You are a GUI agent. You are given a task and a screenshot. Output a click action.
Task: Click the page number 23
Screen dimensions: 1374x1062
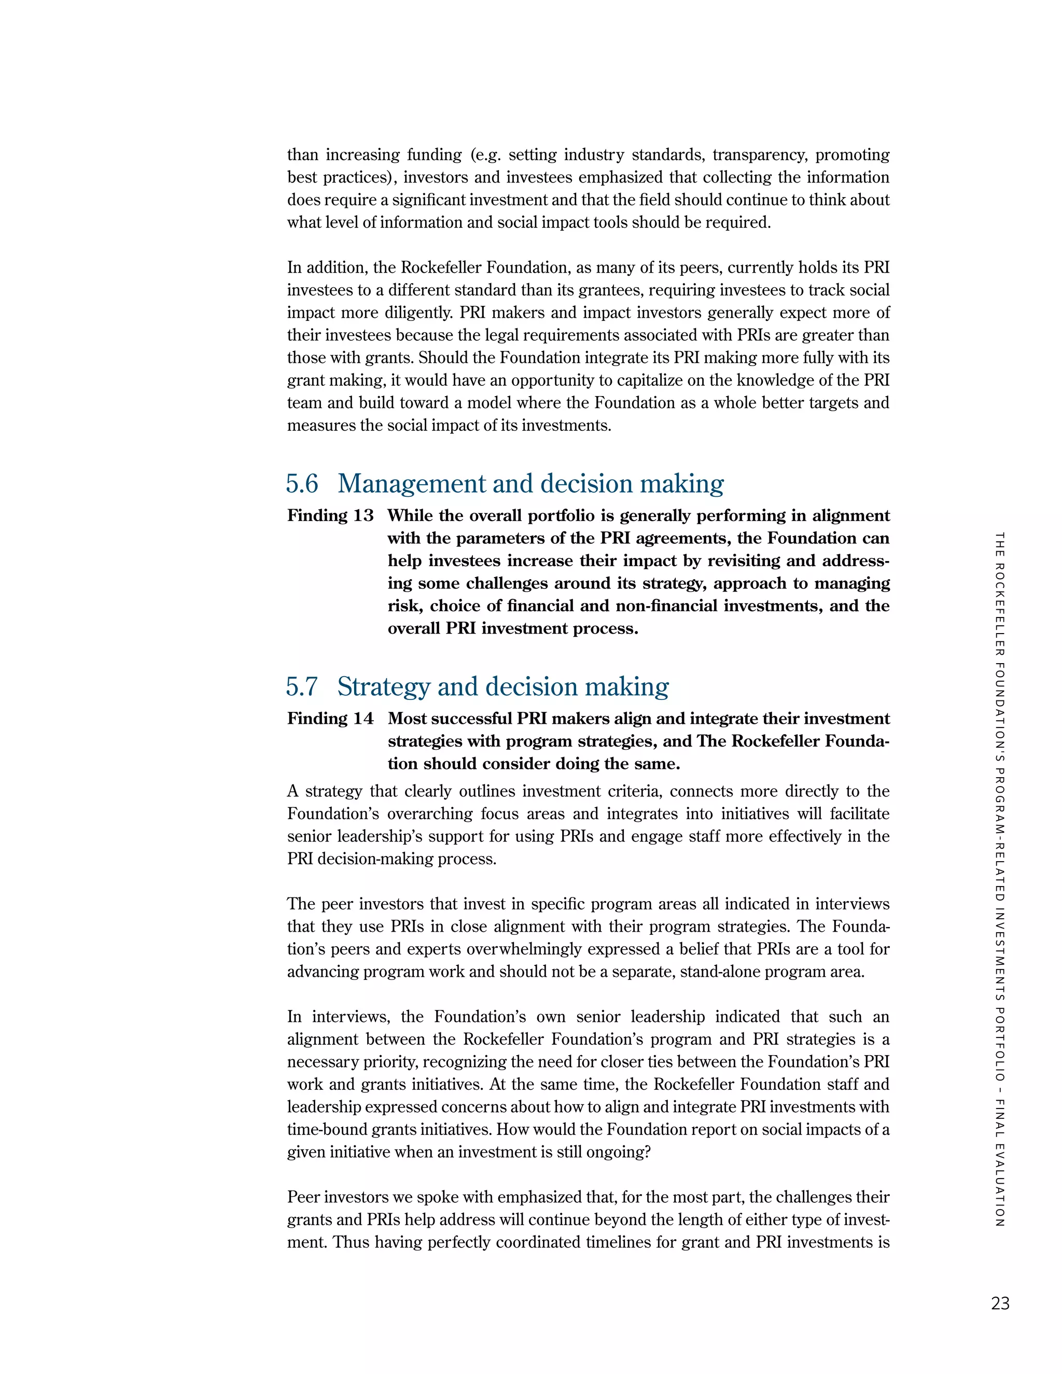pos(1000,1303)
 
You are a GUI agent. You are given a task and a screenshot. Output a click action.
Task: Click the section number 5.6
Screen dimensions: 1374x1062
pos(302,484)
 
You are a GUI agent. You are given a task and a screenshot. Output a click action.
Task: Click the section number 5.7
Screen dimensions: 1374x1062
pos(302,686)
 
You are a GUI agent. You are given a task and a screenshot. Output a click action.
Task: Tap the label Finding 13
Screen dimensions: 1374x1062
pos(330,516)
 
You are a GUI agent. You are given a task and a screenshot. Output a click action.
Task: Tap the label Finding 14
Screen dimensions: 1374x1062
pos(330,719)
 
